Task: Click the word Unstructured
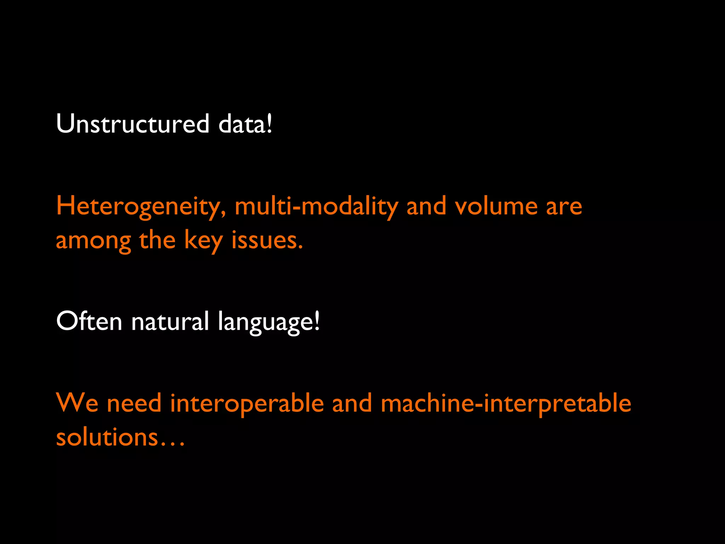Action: coord(133,124)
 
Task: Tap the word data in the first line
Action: coord(242,124)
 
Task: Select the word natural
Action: coord(170,322)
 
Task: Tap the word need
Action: coord(134,403)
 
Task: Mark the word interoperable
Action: coord(247,403)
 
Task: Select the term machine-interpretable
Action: coord(506,403)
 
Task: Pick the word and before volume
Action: coord(426,206)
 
